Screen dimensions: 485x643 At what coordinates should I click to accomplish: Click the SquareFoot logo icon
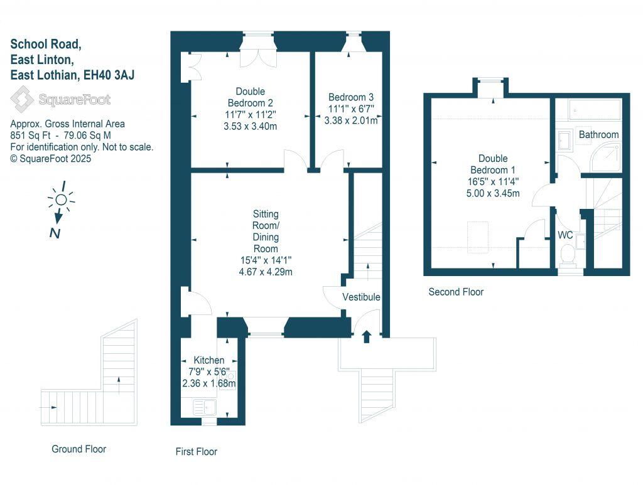pyautogui.click(x=24, y=100)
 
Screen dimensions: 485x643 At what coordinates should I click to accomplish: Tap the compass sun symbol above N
pyautogui.click(x=60, y=200)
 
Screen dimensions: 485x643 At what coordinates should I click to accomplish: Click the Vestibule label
pyautogui.click(x=361, y=297)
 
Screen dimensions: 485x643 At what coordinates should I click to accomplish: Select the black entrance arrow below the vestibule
pyautogui.click(x=367, y=338)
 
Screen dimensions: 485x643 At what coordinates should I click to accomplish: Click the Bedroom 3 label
pyautogui.click(x=351, y=97)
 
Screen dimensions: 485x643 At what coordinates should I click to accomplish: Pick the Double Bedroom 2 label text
pyautogui.click(x=251, y=97)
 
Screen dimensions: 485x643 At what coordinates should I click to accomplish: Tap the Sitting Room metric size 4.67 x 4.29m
pyautogui.click(x=266, y=272)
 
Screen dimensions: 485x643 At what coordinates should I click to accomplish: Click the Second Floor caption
pyautogui.click(x=456, y=292)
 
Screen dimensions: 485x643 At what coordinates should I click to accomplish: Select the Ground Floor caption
pyautogui.click(x=78, y=449)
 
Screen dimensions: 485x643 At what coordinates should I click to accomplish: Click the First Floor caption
pyautogui.click(x=196, y=452)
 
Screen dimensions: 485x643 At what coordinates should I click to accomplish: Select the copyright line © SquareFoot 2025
pyautogui.click(x=51, y=159)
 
